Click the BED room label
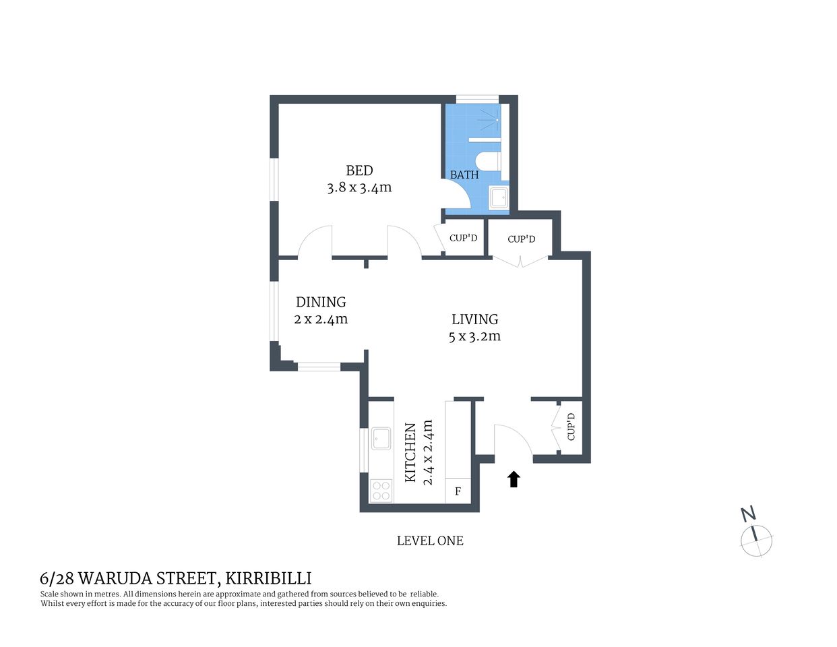click(359, 171)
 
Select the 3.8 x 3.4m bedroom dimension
click(359, 188)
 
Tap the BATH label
click(464, 175)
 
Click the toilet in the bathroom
click(487, 162)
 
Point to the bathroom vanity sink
click(499, 198)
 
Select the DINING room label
click(321, 302)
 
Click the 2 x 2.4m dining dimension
click(321, 319)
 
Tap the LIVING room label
click(474, 319)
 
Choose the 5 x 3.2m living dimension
click(474, 336)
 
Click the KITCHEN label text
click(410, 452)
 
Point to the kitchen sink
click(381, 439)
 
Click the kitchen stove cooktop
click(381, 490)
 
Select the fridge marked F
click(458, 491)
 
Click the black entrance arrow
click(514, 479)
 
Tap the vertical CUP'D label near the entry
click(571, 427)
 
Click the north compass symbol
click(756, 539)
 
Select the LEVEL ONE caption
click(430, 541)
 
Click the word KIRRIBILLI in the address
click(268, 578)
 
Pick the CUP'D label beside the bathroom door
click(463, 238)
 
